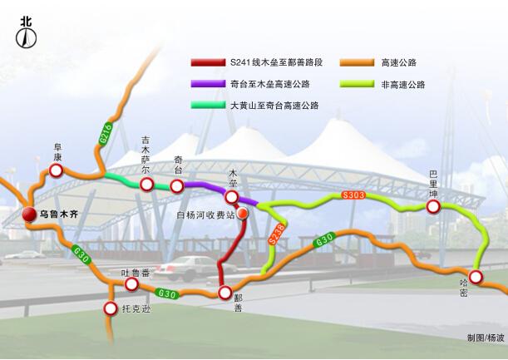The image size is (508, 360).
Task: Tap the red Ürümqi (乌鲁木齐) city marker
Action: pos(30,215)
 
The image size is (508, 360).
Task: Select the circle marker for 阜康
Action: pos(56,170)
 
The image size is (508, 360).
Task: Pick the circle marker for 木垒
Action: pos(233,197)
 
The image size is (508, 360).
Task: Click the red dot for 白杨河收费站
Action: pos(243,214)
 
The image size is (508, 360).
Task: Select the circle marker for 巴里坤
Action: pos(433,206)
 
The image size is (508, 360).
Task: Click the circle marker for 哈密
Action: pos(476,277)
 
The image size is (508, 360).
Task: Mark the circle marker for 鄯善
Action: pos(224,293)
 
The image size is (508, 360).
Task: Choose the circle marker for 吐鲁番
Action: pos(131,284)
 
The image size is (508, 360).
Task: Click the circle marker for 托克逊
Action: pos(111,309)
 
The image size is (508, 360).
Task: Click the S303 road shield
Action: pos(353,196)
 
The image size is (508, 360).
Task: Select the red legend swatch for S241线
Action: pos(207,62)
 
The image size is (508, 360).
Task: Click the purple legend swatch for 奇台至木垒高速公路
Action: pos(207,84)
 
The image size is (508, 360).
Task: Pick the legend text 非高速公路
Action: pos(403,85)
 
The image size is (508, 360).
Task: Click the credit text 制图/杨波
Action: pos(485,338)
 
